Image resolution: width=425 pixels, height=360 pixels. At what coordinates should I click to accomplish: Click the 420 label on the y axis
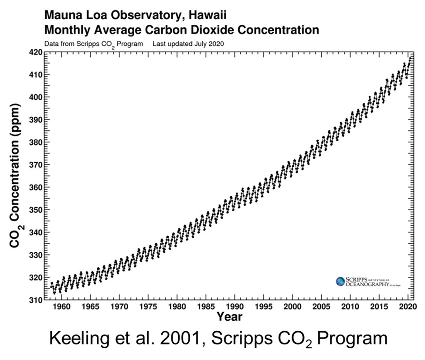pos(36,52)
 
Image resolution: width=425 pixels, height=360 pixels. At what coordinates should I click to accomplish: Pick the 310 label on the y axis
pos(36,300)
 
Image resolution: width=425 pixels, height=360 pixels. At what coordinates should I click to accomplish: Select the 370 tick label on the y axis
pos(36,165)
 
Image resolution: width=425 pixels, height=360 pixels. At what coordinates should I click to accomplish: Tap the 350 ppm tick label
pos(36,210)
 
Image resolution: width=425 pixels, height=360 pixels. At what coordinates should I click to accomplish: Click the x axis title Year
pos(229,317)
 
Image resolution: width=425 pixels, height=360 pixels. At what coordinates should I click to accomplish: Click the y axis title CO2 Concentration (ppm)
pos(16,176)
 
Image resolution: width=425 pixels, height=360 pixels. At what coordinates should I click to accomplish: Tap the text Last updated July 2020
pos(188,44)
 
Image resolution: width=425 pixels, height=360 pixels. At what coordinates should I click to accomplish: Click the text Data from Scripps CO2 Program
pos(93,44)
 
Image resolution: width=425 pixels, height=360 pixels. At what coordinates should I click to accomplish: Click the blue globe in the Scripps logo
pos(340,282)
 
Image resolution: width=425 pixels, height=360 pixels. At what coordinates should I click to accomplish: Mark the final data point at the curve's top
pos(410,57)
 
